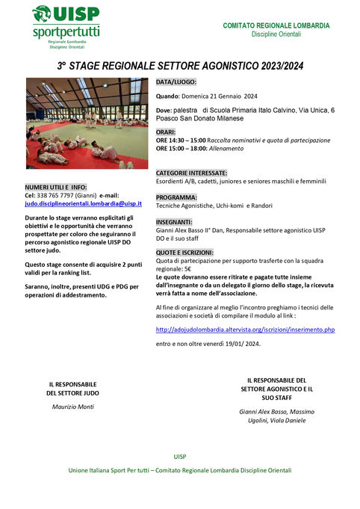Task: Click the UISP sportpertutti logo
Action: pos(66,24)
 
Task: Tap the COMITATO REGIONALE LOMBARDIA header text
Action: pos(276,25)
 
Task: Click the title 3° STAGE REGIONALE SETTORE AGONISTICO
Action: pos(180,67)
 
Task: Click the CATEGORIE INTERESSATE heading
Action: pos(192,172)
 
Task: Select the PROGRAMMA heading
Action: pos(177,197)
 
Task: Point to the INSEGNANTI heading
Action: pos(174,223)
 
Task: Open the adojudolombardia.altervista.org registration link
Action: pos(245,329)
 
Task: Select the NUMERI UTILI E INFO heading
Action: pos(56,187)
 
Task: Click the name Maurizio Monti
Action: pos(72,406)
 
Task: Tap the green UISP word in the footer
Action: pos(180,456)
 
